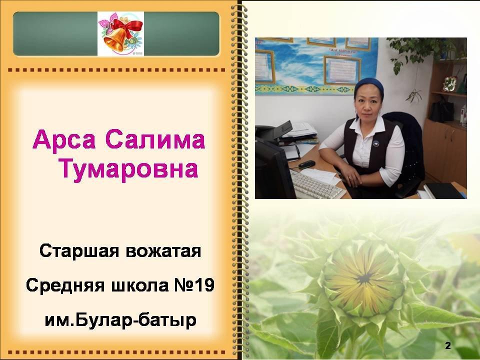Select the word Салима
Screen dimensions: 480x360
[155, 139]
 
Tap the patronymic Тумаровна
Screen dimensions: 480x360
[128, 169]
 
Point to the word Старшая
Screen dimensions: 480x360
[79, 251]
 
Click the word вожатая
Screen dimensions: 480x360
[163, 251]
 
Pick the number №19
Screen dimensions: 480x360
[194, 285]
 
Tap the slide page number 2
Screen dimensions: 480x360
[448, 346]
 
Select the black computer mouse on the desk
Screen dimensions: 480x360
[306, 164]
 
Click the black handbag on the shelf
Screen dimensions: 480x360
[441, 109]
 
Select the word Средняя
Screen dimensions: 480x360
[65, 285]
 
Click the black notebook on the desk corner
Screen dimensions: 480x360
[444, 190]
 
